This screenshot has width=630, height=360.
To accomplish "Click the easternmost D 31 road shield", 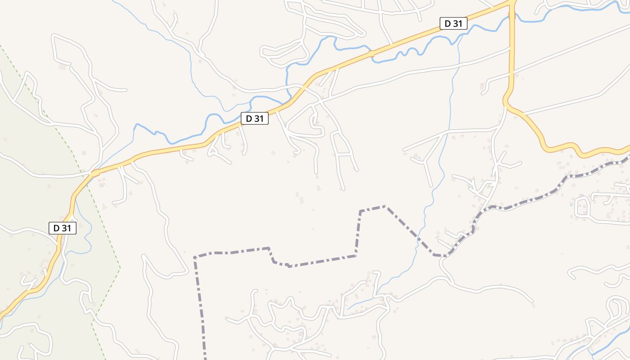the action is tap(454, 23).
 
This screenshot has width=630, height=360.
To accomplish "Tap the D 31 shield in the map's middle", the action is tap(255, 118).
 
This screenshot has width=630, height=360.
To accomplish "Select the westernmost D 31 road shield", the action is tap(63, 228).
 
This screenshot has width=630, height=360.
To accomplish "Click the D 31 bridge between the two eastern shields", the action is tap(371, 54).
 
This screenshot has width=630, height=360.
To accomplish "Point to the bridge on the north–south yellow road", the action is tap(512, 15).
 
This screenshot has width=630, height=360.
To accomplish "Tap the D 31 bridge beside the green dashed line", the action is tap(95, 172).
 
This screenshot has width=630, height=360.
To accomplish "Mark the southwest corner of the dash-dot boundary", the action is tap(195, 257).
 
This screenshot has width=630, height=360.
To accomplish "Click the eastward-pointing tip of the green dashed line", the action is tap(120, 268).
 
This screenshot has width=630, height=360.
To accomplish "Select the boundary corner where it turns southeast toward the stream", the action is tap(386, 207).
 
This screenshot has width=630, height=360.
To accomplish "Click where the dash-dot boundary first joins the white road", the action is tap(445, 256).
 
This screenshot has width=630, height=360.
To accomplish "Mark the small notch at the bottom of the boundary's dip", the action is tap(289, 266).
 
